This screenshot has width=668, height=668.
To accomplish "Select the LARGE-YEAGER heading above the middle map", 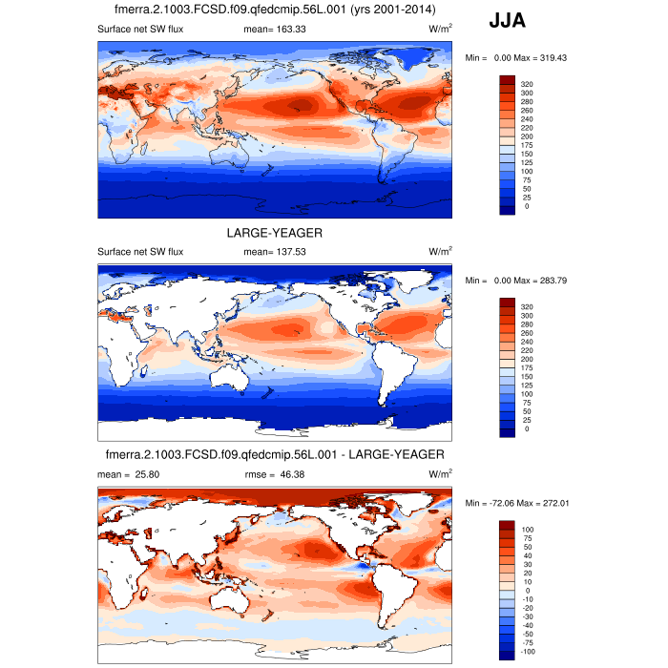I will (x=275, y=233).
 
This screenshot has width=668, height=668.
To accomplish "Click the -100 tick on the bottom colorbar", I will (x=528, y=652).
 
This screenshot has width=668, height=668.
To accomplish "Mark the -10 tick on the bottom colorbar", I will (x=526, y=598).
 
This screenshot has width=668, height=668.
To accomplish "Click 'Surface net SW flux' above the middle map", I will (x=140, y=252).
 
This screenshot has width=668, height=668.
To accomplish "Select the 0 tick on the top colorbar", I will (x=523, y=206).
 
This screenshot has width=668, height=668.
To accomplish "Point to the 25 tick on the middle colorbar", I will (x=525, y=420).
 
